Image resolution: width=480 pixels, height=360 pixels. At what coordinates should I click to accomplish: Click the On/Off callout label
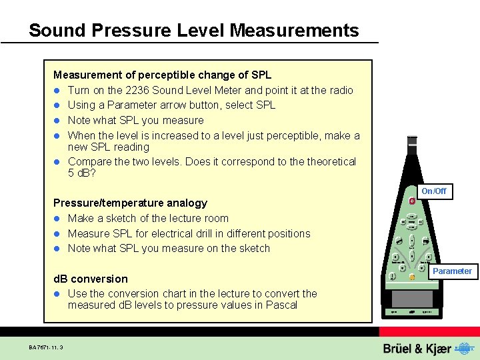[433, 191]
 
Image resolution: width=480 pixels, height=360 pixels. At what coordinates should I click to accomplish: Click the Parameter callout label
[453, 271]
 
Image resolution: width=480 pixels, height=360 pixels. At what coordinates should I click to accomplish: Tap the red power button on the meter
[412, 201]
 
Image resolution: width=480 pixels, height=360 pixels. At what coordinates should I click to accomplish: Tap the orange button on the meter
[412, 277]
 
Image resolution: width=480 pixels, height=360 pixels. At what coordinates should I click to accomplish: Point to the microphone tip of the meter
[412, 140]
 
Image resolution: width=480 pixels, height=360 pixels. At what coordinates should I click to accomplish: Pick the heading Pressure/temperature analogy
[130, 203]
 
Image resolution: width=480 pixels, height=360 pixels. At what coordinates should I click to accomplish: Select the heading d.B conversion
[90, 279]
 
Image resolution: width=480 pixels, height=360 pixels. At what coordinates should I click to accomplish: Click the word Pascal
[281, 305]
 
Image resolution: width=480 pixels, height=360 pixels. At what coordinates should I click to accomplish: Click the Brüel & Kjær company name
[417, 349]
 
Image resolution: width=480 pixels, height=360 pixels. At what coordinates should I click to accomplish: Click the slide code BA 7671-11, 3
[51, 347]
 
